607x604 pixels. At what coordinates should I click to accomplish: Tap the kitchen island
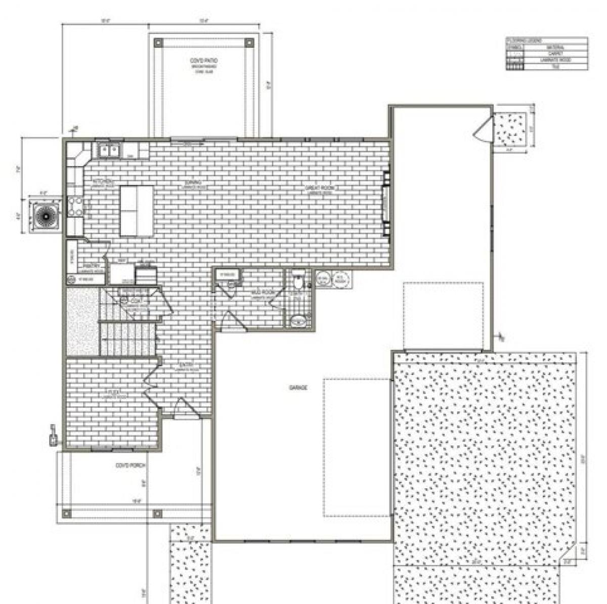coord(137,210)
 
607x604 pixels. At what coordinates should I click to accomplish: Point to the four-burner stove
coord(76,206)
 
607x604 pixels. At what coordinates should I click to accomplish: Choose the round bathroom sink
coord(299,320)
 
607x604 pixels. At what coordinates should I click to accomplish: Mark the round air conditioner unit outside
coord(46,216)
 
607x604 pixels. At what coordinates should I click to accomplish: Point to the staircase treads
coord(127,339)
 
